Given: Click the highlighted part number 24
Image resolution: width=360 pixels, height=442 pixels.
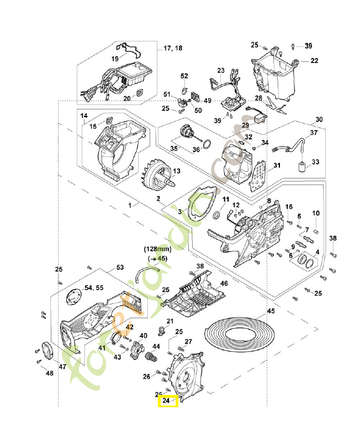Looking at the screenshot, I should [x=167, y=402].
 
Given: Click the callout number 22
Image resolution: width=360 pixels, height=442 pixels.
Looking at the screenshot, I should [x=314, y=61].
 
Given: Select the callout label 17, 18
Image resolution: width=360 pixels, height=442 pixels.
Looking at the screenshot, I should [x=173, y=49].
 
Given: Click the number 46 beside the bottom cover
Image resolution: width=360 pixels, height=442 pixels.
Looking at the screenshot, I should [x=224, y=283].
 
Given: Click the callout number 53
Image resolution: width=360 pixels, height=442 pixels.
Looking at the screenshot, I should [x=120, y=267].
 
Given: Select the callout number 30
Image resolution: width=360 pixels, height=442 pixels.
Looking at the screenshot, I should [x=319, y=120].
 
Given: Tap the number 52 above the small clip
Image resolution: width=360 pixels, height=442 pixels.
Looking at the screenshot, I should [x=184, y=76].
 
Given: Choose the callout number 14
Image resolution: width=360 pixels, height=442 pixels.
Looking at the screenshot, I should [x=84, y=116].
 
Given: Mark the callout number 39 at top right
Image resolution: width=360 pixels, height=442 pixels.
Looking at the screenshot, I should [x=309, y=45].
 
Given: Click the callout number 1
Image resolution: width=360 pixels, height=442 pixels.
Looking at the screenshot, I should [x=130, y=205].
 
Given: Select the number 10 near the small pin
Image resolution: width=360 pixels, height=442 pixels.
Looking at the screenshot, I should [x=316, y=213].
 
